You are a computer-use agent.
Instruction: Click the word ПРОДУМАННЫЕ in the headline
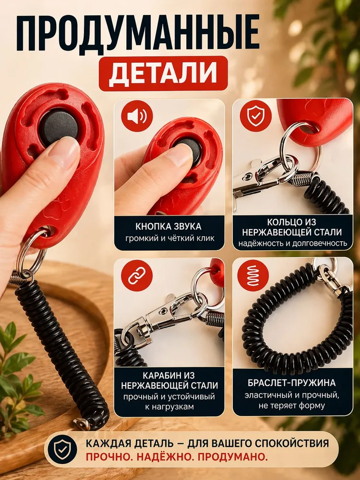(x=138, y=33)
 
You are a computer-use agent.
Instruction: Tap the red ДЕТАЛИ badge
(x=163, y=73)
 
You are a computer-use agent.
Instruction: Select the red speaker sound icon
(x=137, y=116)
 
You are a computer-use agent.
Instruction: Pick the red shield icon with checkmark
(x=255, y=116)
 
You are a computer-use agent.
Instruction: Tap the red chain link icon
(x=136, y=276)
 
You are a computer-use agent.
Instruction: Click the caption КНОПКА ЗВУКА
(x=168, y=227)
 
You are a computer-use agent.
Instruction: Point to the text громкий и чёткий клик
(x=170, y=238)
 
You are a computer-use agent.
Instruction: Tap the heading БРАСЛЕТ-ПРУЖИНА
(x=292, y=383)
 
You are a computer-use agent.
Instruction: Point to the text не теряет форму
(x=291, y=406)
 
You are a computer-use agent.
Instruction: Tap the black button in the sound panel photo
(x=187, y=150)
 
